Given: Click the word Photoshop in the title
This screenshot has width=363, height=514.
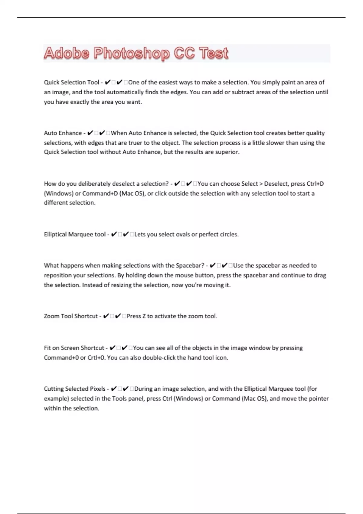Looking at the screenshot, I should [x=132, y=54].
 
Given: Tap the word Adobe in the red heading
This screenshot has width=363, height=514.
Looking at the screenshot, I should [x=67, y=54].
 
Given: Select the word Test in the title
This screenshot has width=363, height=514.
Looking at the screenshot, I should [x=214, y=54].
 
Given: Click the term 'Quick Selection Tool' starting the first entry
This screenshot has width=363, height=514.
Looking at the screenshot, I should [x=71, y=82].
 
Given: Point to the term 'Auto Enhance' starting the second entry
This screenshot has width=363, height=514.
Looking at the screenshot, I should [x=63, y=133].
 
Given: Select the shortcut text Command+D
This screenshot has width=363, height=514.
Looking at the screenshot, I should [x=100, y=194].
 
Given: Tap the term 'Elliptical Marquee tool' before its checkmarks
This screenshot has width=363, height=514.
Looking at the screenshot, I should [x=75, y=234].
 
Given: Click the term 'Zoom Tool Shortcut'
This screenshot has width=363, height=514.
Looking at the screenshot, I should [x=71, y=316].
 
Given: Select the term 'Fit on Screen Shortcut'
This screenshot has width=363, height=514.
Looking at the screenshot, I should [x=74, y=348].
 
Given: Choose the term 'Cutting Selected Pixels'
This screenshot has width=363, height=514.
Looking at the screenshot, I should [x=74, y=389].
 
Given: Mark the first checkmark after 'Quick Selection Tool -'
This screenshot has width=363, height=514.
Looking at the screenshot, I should [x=108, y=82].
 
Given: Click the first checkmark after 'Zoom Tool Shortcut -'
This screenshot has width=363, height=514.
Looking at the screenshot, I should [x=106, y=316].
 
